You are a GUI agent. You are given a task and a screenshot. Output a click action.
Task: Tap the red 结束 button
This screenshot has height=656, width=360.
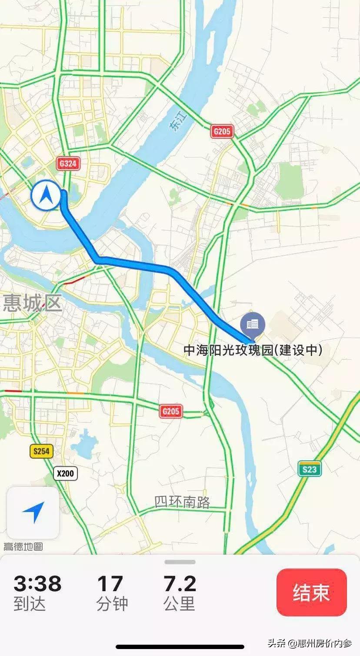coord(311,592)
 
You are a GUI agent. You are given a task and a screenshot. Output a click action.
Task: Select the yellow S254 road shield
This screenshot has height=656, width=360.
coord(41,451)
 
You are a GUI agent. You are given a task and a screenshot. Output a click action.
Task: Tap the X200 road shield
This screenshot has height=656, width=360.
coord(65,473)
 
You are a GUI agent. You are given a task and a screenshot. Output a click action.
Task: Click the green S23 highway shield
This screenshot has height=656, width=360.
coord(310,469)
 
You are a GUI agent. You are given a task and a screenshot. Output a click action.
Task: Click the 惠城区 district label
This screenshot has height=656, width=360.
coord(33,303)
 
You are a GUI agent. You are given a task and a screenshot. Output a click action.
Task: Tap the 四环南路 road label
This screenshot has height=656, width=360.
coord(182,502)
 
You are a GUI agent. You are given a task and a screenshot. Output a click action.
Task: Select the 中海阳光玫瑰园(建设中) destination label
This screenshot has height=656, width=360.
coord(253,350)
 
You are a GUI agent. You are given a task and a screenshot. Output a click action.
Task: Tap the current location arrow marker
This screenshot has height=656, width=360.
coord(45,196)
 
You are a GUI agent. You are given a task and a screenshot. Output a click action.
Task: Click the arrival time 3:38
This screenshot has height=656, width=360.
coord(37,583)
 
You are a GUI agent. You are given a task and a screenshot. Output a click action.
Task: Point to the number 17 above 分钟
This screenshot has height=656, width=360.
coord(110,583)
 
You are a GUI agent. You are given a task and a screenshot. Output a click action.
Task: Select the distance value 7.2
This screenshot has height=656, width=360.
coord(180,583)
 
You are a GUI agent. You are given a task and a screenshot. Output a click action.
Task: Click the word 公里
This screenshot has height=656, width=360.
coord(179,603)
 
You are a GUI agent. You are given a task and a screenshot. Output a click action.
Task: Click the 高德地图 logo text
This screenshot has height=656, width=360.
coord(23,546)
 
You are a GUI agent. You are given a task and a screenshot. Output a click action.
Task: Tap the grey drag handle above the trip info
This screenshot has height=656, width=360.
coord(180,562)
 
